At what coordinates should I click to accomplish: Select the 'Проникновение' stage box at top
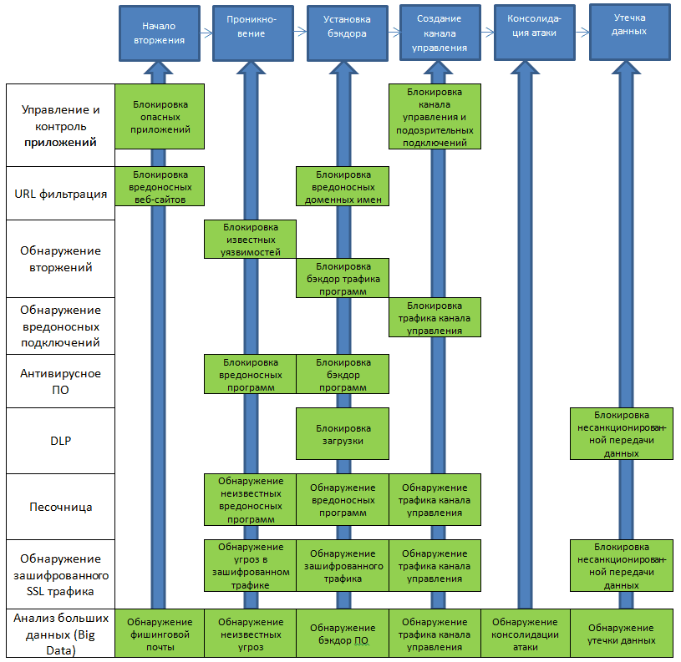click(253, 33)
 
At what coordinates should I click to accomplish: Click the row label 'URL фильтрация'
click(61, 194)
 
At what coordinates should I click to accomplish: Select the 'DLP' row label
click(61, 441)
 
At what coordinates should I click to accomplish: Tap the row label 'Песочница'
click(61, 507)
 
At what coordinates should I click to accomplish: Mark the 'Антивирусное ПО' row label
click(61, 382)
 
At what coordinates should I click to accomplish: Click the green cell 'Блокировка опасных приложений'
click(160, 117)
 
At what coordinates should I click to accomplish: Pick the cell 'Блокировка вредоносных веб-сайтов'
click(160, 187)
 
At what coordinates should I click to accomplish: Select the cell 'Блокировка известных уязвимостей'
click(251, 240)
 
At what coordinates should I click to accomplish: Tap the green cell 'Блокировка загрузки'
click(343, 433)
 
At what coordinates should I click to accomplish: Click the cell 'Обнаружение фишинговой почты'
click(160, 634)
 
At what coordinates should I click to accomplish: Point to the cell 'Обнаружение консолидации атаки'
click(525, 634)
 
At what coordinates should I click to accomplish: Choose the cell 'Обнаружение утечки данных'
click(621, 634)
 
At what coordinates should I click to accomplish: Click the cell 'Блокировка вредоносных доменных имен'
click(343, 187)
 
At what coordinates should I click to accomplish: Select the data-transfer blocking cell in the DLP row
click(621, 433)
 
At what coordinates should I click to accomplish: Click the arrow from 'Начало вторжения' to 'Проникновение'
click(206, 33)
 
